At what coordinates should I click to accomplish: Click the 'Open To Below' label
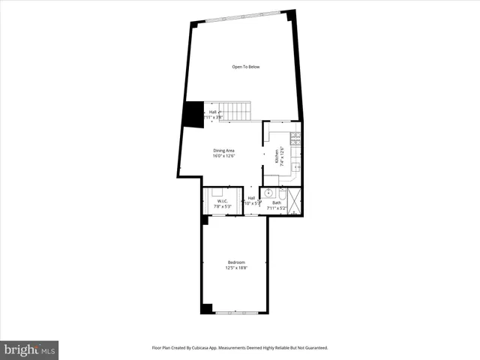[x=245, y=67]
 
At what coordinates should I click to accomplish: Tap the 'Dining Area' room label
[x=224, y=151]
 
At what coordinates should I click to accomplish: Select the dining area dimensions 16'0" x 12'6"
[x=224, y=156]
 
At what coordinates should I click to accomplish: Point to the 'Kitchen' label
[x=277, y=156]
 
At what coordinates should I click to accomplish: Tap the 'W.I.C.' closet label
[x=223, y=201]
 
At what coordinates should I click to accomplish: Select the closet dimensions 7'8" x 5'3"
[x=223, y=206]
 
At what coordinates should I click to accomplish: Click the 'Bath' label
[x=277, y=202]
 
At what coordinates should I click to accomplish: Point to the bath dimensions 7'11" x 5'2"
[x=277, y=208]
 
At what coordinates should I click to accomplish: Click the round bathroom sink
[x=268, y=193]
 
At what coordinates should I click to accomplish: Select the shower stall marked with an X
[x=295, y=200]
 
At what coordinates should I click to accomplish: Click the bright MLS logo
[x=29, y=350]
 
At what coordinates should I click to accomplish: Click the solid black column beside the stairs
[x=193, y=115]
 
